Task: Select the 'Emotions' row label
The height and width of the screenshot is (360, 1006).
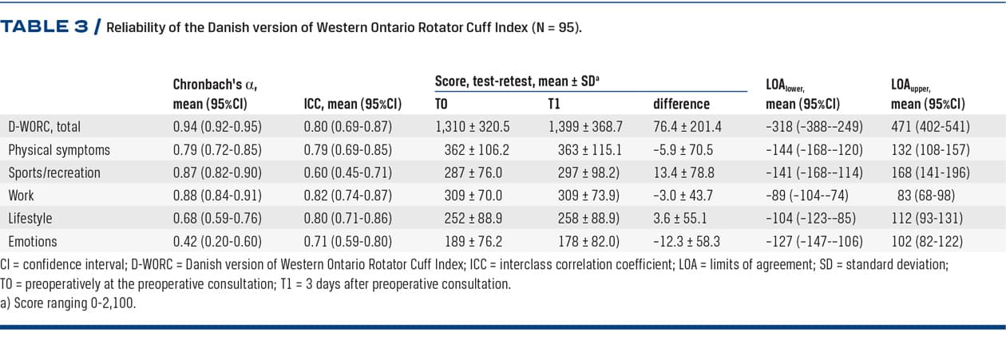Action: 34,240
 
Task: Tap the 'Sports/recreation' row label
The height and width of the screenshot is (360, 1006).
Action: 54,172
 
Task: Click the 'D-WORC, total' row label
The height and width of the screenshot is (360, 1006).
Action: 45,126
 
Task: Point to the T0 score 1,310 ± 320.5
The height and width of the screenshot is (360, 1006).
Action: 473,126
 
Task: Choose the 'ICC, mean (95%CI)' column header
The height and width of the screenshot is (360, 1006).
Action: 352,104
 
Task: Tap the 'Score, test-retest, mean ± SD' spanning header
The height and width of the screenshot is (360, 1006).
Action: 516,81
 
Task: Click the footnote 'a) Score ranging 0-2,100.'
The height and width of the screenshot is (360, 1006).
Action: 68,303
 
